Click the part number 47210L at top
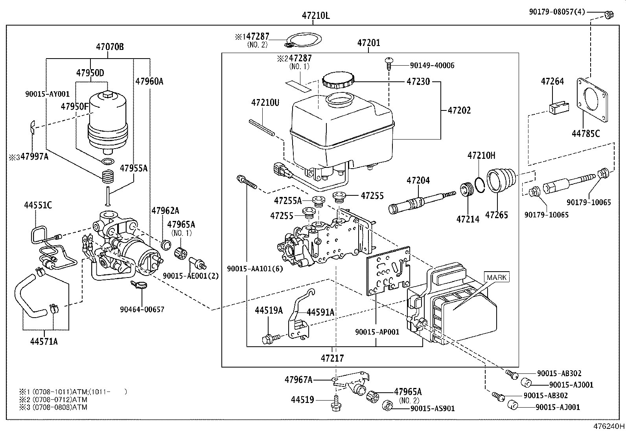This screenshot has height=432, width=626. (315, 16)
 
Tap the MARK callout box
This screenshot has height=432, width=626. (497, 277)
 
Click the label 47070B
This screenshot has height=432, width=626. (110, 47)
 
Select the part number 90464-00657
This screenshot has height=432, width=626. (142, 310)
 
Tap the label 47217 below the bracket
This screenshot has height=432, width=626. (332, 358)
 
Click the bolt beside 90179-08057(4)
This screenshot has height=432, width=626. (608, 15)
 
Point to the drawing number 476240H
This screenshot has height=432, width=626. (608, 426)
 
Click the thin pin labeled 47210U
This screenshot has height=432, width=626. (261, 128)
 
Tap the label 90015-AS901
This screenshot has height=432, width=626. (432, 408)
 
